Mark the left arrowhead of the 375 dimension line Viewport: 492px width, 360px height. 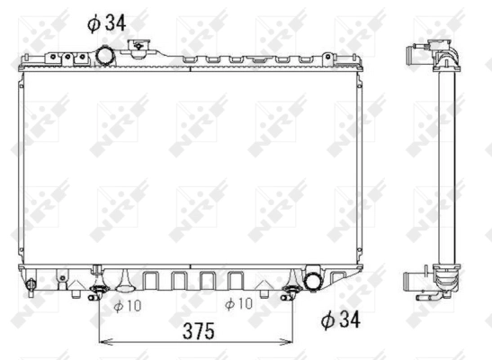pos(103,342)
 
